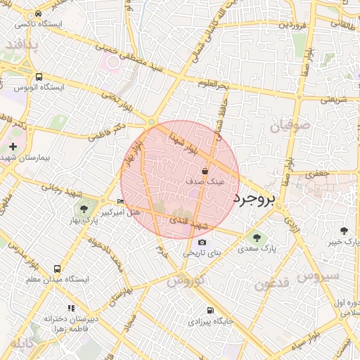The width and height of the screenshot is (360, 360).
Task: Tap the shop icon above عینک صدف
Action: [205, 171]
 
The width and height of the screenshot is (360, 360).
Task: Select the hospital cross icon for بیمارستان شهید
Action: [13, 146]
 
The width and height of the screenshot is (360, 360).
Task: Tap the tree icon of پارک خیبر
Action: [344, 230]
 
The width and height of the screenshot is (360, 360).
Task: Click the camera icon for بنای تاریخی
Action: [202, 242]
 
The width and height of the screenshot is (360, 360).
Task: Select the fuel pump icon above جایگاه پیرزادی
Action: [209, 310]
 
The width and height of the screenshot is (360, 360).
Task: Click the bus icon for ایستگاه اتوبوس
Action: [38, 77]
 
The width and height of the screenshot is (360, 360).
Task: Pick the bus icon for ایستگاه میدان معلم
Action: [57, 269]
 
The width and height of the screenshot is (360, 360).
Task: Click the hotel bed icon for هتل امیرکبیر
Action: [120, 202]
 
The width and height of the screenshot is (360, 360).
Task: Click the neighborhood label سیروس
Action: [317, 276]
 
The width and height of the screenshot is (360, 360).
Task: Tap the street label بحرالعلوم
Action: [213, 84]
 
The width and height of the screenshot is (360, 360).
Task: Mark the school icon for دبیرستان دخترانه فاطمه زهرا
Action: [70, 308]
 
